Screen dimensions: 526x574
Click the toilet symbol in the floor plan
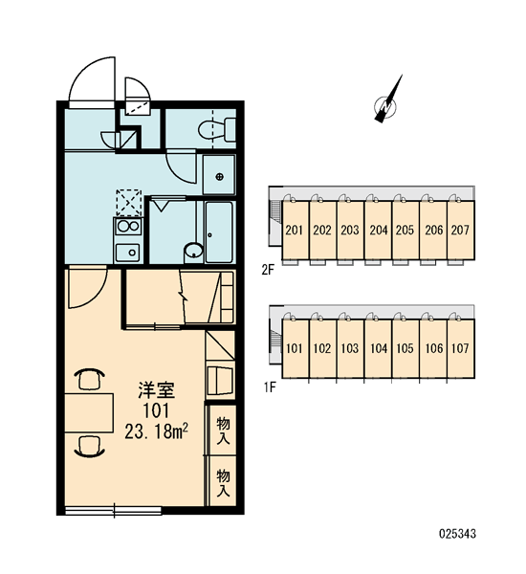point(217,129)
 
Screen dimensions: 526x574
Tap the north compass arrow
point(387,99)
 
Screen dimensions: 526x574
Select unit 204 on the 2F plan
point(378,230)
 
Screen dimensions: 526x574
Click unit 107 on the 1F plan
point(460,348)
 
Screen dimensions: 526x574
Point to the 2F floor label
point(268,270)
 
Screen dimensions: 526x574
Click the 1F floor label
point(270,386)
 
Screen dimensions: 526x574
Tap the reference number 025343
point(457,534)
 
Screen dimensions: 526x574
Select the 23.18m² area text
point(156,431)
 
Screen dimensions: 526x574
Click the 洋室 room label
point(156,390)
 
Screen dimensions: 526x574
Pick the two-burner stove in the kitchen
point(128,227)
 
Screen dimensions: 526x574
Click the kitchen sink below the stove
point(127,253)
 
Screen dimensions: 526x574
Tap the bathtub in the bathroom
point(219,232)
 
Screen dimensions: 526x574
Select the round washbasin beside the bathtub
point(193,252)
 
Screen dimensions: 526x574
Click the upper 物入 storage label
point(223,430)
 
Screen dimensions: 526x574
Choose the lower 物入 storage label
point(223,483)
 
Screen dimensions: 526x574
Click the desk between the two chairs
point(89,413)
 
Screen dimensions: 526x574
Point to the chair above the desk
point(90,379)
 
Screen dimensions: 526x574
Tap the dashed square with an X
point(129,203)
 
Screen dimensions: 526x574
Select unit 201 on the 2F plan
point(295,230)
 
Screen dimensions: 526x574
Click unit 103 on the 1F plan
point(350,348)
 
